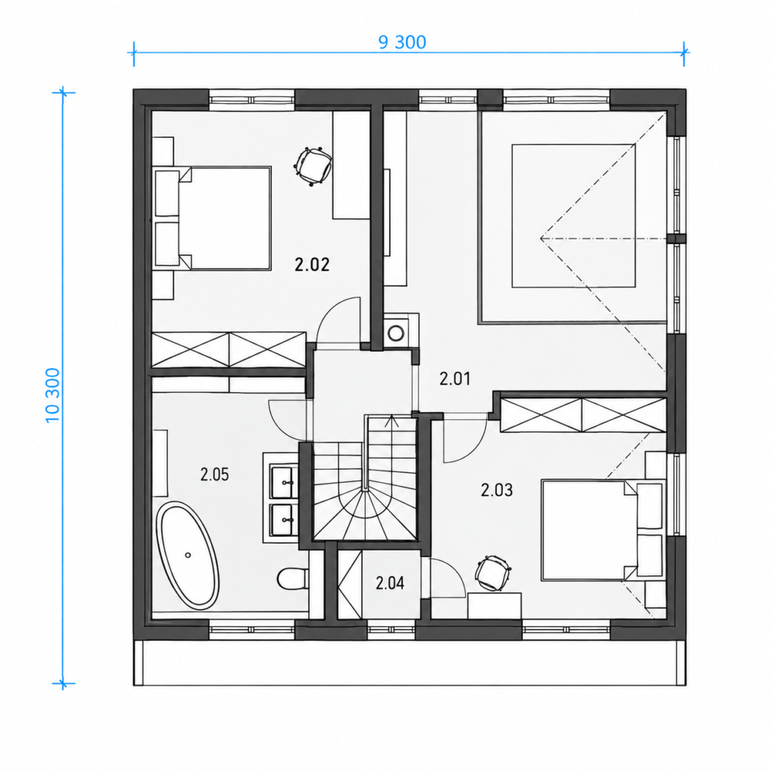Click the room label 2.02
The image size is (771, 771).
click(x=312, y=265)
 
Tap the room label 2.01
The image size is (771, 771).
click(x=455, y=379)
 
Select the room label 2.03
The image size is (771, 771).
click(x=497, y=489)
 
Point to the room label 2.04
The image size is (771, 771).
click(x=390, y=584)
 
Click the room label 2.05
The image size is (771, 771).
click(x=215, y=474)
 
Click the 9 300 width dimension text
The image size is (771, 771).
click(x=402, y=42)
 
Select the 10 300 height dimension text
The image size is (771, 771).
click(x=53, y=395)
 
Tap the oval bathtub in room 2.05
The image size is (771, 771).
click(x=187, y=556)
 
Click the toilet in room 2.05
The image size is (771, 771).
click(x=293, y=579)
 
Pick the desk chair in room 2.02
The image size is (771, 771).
click(x=312, y=166)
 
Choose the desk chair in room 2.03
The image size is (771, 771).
click(x=492, y=573)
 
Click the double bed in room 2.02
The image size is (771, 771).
click(x=212, y=218)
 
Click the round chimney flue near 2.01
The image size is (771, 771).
click(x=396, y=333)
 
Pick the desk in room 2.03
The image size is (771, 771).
click(x=494, y=605)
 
